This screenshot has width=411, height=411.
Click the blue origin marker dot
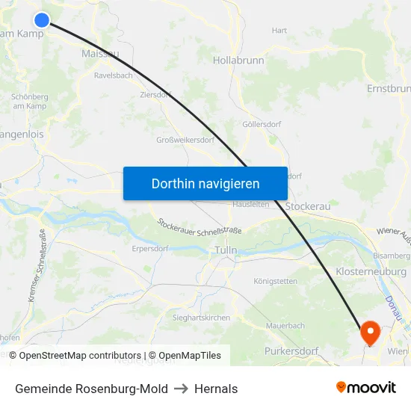42,20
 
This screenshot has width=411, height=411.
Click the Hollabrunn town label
238,60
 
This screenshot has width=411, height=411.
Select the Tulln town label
226,250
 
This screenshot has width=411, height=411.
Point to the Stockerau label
308,205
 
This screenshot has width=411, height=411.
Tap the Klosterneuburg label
371,271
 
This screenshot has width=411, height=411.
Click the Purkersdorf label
291,350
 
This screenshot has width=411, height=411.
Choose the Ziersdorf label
155,95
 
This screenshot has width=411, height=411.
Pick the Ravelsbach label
114,76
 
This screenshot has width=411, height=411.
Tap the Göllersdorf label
261,125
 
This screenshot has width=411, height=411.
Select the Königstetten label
275,282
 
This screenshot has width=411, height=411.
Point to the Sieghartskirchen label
202,318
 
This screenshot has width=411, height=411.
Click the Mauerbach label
285,326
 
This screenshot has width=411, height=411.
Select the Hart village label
279,31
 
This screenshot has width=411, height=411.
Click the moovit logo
365,387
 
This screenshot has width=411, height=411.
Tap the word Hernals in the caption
216,389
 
